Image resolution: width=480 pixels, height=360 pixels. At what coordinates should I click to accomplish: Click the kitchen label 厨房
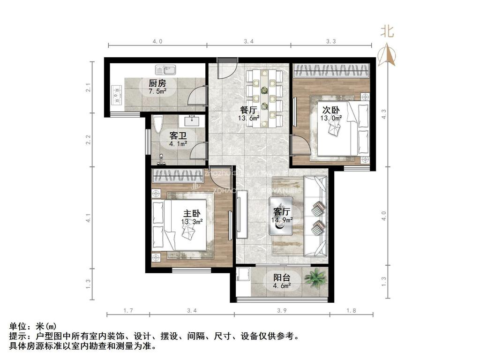[x=157, y=83]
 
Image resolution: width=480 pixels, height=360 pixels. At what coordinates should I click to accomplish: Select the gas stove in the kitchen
[x=116, y=96]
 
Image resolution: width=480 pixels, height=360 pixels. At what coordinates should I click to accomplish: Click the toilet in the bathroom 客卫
[x=157, y=124]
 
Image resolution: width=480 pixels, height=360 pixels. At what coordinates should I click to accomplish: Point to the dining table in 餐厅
[x=265, y=97]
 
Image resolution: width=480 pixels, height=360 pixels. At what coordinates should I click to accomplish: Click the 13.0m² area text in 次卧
[x=330, y=118]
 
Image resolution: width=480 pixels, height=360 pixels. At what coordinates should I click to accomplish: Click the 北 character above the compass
[x=387, y=32]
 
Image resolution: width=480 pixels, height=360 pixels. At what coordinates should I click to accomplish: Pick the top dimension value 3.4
[x=249, y=41]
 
